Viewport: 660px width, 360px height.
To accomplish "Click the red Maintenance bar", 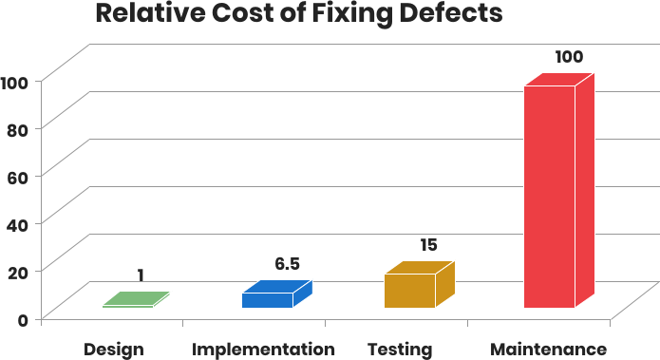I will pyautogui.click(x=550, y=197).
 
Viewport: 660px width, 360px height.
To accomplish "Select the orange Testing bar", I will pyautogui.click(x=410, y=291).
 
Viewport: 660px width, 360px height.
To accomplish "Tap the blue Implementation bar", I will pyautogui.click(x=267, y=300).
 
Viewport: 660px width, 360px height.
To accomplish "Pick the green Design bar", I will pyautogui.click(x=136, y=300).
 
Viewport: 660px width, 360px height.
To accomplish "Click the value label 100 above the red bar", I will pyautogui.click(x=568, y=57).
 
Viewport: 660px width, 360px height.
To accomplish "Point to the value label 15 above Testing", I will pyautogui.click(x=428, y=245).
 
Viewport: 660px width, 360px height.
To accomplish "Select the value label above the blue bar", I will pyautogui.click(x=287, y=264).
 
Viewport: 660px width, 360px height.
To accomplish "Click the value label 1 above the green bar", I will pyautogui.click(x=141, y=275).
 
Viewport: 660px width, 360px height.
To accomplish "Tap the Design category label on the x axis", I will pyautogui.click(x=114, y=349).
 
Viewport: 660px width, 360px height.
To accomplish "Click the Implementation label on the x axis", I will pyautogui.click(x=263, y=349).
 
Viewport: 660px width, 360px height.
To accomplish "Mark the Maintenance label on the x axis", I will pyautogui.click(x=549, y=349).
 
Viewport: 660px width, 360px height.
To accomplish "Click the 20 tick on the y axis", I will pyautogui.click(x=17, y=271).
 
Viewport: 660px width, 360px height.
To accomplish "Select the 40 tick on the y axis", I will pyautogui.click(x=17, y=223).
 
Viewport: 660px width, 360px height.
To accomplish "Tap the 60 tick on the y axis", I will pyautogui.click(x=17, y=176).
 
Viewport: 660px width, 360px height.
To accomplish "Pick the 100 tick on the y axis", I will pyautogui.click(x=14, y=81).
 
